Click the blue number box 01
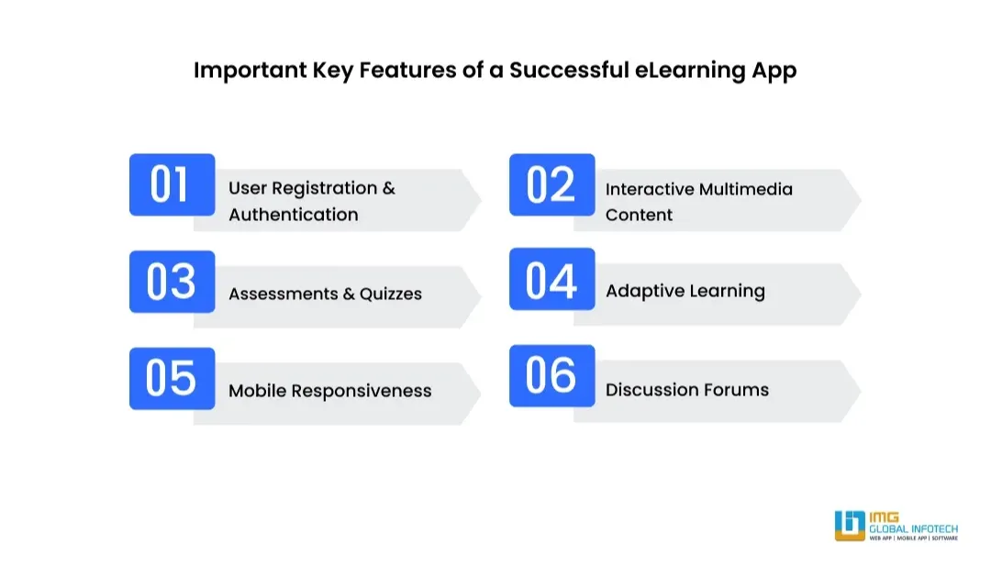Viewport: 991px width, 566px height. (x=172, y=184)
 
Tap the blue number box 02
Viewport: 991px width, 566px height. (x=551, y=184)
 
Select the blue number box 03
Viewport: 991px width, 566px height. (x=172, y=282)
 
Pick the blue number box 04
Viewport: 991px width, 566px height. (x=551, y=279)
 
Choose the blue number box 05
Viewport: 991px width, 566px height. (x=172, y=378)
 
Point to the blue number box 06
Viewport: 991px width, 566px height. (x=551, y=375)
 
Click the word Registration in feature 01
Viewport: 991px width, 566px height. (x=324, y=189)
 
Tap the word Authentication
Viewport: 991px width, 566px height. (x=294, y=215)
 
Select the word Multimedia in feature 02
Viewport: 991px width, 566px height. (x=745, y=189)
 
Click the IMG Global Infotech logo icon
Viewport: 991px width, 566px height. (x=850, y=526)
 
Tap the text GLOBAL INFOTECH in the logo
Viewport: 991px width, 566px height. (x=913, y=528)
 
